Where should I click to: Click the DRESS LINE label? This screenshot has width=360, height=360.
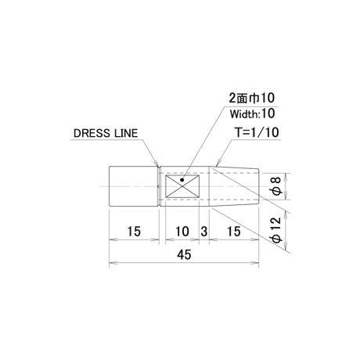(x=106, y=133)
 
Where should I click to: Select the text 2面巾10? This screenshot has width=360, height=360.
(x=252, y=98)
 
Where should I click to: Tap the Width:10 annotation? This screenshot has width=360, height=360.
(x=252, y=113)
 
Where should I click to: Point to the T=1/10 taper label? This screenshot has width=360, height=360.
(x=257, y=132)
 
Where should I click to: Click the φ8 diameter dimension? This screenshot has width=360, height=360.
(x=277, y=186)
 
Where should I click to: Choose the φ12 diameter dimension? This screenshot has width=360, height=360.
(x=277, y=229)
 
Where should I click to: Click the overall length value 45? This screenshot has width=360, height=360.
(x=184, y=254)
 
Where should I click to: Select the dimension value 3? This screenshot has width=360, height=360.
(x=204, y=232)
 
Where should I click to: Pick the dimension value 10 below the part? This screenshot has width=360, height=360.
(x=182, y=232)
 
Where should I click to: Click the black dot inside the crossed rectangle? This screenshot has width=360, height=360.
(x=182, y=180)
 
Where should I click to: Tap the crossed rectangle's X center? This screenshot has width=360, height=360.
(x=182, y=186)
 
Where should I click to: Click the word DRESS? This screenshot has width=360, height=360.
(x=92, y=133)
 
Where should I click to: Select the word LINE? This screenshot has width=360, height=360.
(x=126, y=133)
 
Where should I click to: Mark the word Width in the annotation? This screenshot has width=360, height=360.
(x=244, y=114)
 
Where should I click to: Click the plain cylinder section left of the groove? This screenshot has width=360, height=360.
(x=134, y=186)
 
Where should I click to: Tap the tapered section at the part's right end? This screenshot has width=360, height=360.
(x=234, y=186)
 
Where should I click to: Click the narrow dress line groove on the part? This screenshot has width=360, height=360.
(x=160, y=186)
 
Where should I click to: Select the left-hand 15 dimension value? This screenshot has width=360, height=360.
(x=134, y=232)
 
